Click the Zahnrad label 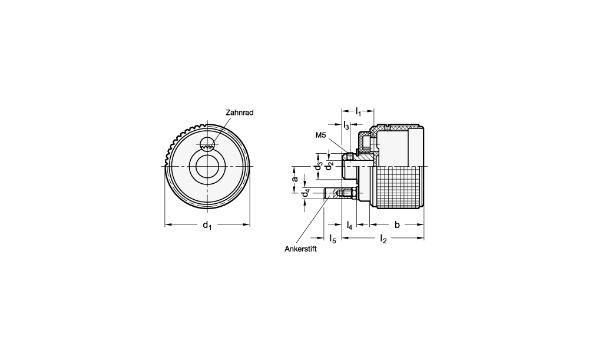pos(239,113)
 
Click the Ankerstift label pos(300,249)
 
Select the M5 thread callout pos(320,136)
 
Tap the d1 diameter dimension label pos(207,225)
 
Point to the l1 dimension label pos(358,111)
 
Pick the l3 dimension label pos(346,125)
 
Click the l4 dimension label pos(349,225)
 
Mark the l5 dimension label pos(332,239)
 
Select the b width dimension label pos(397,224)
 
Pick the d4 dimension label pos(306,193)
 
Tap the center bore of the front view pos(206,166)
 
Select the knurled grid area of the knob pos(398,187)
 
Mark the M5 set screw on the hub pos(349,155)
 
